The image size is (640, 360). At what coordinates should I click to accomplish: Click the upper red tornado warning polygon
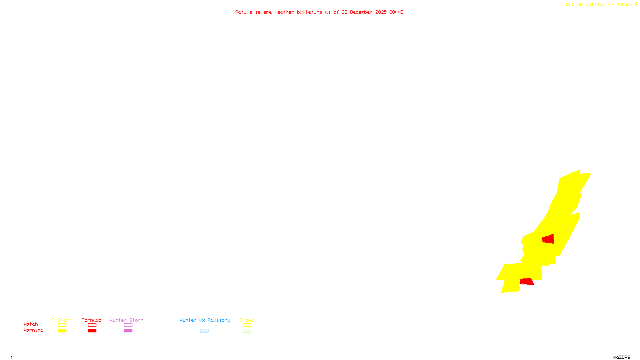548,239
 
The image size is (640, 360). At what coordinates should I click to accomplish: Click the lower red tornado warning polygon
527,282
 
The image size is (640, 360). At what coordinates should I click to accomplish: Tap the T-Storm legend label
62,320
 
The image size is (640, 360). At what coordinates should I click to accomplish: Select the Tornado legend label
92,320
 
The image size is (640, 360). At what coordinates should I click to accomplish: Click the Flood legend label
247,320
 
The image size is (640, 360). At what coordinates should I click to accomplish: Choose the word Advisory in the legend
219,320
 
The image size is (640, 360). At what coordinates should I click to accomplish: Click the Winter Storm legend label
126,320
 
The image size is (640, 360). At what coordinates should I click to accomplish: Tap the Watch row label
31,324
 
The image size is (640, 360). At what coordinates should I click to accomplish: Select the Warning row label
33,330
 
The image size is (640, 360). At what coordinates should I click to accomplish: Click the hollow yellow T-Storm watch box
62,325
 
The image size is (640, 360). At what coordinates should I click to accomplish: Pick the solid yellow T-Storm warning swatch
62,331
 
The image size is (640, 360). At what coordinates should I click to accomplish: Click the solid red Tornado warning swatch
92,331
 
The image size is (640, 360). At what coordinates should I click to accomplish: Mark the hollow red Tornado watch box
92,325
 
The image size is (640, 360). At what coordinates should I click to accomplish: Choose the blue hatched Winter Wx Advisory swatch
204,331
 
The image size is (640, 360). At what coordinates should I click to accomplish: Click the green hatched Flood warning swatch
247,331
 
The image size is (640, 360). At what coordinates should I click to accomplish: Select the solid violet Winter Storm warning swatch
128,331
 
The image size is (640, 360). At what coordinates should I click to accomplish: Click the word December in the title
361,12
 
